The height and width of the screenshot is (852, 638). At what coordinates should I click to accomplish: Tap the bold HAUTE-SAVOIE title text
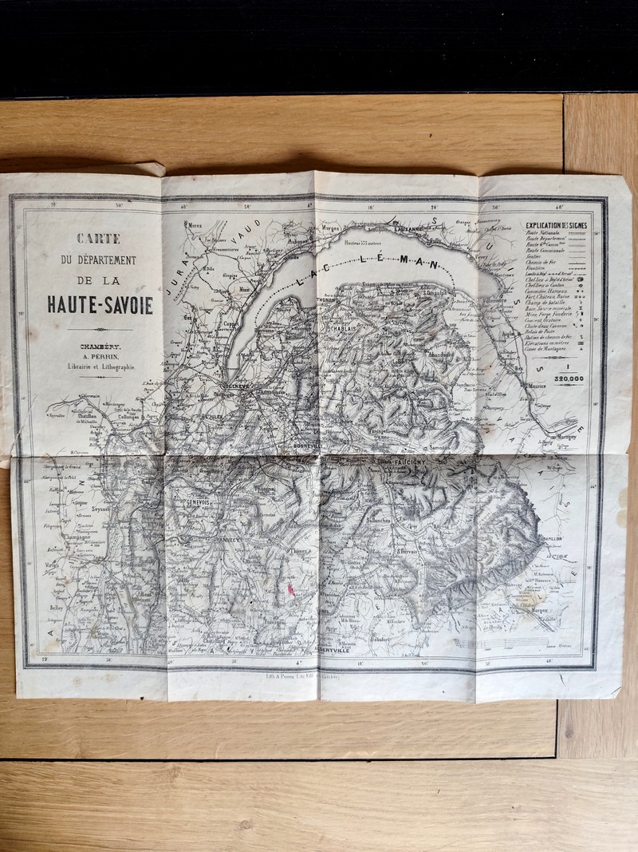[100, 303]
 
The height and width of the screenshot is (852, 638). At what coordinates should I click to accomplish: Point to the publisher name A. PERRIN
[100, 356]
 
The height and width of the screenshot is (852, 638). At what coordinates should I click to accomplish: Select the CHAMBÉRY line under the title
[100, 346]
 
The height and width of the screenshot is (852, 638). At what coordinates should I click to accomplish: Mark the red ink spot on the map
[290, 588]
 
